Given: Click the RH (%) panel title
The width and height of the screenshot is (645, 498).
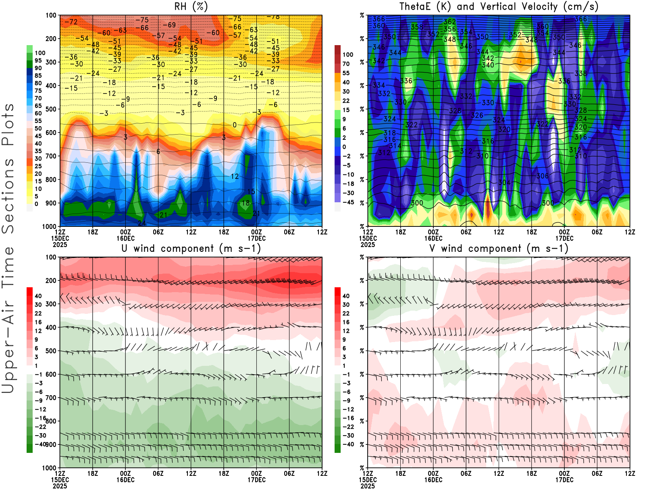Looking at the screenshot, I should pos(191,7).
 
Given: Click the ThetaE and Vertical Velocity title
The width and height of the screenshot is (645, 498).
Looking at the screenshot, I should pos(499,7).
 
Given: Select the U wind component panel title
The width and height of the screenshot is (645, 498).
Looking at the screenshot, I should pos(191,249).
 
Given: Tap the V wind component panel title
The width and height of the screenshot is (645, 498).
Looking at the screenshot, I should pos(499,249).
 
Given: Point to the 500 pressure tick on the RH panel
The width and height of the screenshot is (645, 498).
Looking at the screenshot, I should pos(51,109).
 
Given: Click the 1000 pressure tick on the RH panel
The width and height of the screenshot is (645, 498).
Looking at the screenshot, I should pos(49,226).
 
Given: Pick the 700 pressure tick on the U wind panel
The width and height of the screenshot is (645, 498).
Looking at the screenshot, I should pos(51,398).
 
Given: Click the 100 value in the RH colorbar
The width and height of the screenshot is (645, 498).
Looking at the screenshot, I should pos(40,53).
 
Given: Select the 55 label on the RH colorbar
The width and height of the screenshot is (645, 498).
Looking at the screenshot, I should pos(38,121).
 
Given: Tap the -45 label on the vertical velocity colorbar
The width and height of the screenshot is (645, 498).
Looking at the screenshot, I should pos(348,202).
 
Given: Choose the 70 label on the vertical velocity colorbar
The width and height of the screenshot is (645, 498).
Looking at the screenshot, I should pos(346,64).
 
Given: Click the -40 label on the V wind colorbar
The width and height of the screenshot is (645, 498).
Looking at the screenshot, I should pos(348,444).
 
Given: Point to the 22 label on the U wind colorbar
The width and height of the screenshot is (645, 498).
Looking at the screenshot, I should pos(38,313).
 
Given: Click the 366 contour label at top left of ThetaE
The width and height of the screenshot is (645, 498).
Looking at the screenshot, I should pos(379,19).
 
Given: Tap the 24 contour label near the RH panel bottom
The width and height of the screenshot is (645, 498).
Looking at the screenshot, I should pos(142,223).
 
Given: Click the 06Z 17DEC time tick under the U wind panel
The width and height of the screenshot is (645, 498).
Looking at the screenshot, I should pos(289,473).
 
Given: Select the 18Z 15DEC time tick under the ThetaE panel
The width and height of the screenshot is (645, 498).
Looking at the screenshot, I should pos(400,232).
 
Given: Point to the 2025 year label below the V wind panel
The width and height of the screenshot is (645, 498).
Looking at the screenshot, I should pos(368,486).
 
